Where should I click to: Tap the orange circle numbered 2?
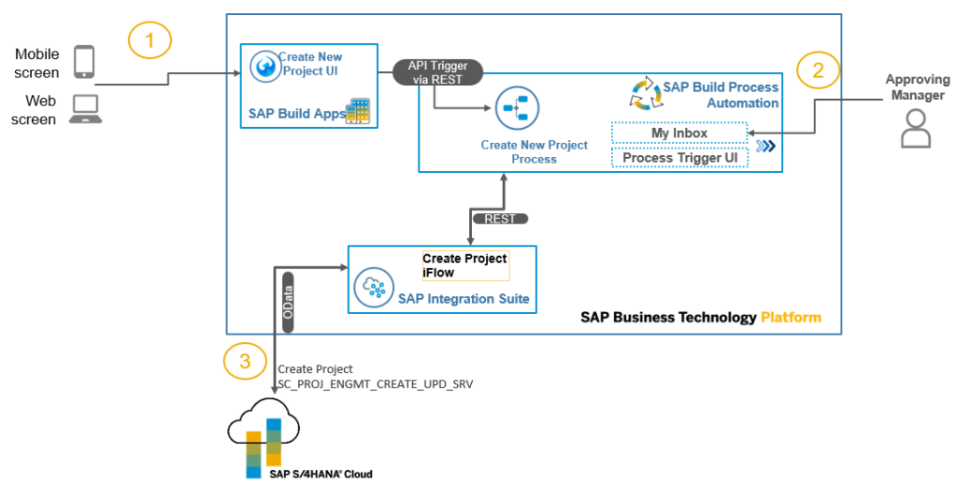pyautogui.click(x=818, y=70)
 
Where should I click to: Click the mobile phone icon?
pyautogui.click(x=84, y=62)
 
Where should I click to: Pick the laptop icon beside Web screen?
pyautogui.click(x=85, y=109)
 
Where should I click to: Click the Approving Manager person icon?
pyautogui.click(x=915, y=128)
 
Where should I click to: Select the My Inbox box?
pyautogui.click(x=679, y=133)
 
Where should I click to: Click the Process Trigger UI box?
pyautogui.click(x=679, y=158)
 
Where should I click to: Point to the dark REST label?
pyautogui.click(x=500, y=219)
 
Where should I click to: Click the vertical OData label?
pyautogui.click(x=289, y=301)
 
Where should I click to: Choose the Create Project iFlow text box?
pyautogui.click(x=464, y=264)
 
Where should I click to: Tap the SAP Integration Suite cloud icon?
pyautogui.click(x=373, y=289)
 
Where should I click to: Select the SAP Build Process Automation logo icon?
pyautogui.click(x=643, y=94)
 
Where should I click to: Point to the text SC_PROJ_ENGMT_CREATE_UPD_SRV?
pyautogui.click(x=376, y=383)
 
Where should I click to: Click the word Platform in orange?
pyautogui.click(x=791, y=317)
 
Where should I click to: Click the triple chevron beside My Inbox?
pyautogui.click(x=766, y=146)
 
